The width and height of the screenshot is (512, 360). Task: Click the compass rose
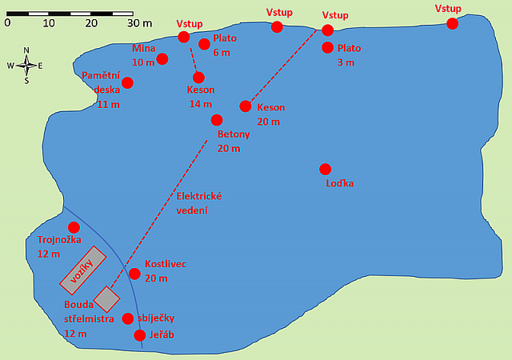pos(26,66)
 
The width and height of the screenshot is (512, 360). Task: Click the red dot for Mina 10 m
pos(162,58)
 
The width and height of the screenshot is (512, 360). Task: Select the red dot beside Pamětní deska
pos(127,82)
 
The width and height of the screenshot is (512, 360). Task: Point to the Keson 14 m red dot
pos(198,78)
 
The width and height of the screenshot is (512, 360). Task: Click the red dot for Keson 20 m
pos(246,106)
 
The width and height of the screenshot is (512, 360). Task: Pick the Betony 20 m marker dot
pos(216,120)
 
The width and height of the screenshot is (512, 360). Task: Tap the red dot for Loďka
pos(325,169)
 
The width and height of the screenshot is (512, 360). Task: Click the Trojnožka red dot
pos(74,227)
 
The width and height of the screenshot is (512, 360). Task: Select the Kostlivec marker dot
pos(134,274)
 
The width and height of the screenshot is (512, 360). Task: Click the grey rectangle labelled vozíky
pos(82,270)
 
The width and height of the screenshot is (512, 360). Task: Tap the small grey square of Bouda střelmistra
pos(106,299)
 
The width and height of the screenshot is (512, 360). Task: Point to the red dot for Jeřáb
pos(141,334)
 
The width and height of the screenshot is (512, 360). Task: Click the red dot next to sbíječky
pos(128,318)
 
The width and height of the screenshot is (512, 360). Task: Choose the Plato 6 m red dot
pos(204,44)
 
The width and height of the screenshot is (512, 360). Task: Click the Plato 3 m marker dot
pos(327,47)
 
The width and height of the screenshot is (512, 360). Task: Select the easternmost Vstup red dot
pos(452,23)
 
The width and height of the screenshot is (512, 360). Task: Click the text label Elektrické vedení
pos(198,203)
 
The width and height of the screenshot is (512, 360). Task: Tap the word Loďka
pos(339,184)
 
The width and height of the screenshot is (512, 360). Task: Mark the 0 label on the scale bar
pos(7,22)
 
